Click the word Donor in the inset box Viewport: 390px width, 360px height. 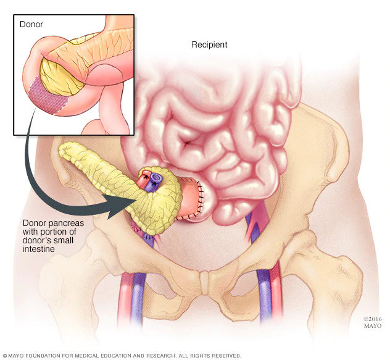pos(31,24)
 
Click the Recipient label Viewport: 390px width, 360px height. pos(209,45)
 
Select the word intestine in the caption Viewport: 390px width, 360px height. pos(38,249)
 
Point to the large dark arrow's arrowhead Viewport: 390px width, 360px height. pos(119,205)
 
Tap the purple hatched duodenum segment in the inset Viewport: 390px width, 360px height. pos(48,96)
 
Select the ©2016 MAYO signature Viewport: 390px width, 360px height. pos(372,322)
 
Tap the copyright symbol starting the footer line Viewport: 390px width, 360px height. pos(5,356)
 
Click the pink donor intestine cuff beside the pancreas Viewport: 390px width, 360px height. pos(191,199)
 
